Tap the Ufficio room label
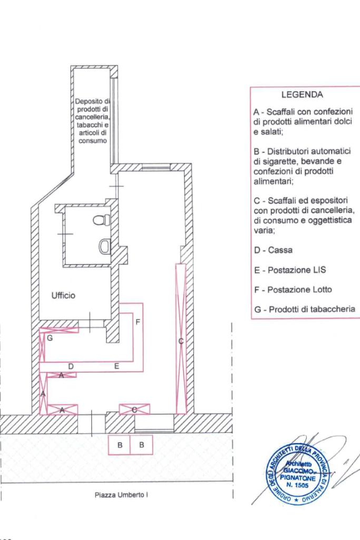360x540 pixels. (63, 295)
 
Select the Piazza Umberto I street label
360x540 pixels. (121, 495)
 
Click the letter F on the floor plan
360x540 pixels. (138, 322)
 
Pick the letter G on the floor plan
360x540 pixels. (50, 339)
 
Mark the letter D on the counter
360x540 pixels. (71, 365)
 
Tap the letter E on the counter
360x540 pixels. (116, 365)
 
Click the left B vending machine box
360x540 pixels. (120, 445)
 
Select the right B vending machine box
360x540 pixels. (142, 445)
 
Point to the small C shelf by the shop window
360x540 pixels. (135, 409)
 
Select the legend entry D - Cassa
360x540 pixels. (273, 250)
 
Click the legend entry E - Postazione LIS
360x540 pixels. (289, 270)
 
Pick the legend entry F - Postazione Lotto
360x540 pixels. (293, 290)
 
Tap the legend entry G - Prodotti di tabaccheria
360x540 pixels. (304, 310)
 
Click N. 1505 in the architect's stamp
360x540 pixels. (298, 483)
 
